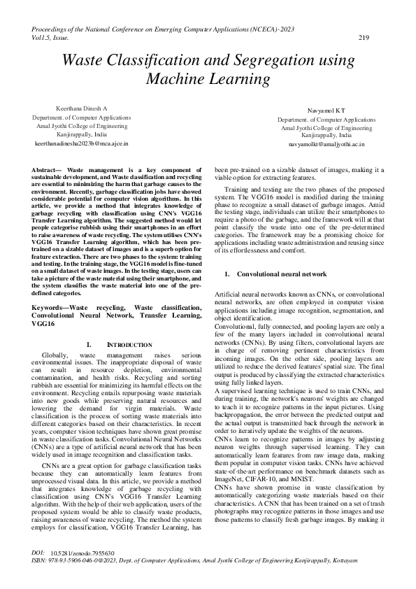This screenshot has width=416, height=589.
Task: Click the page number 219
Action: point(363,38)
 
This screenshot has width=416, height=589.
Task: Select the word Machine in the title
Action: point(178,78)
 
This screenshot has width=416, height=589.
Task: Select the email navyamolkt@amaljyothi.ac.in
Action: point(327,143)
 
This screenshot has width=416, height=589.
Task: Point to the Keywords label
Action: point(51,307)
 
